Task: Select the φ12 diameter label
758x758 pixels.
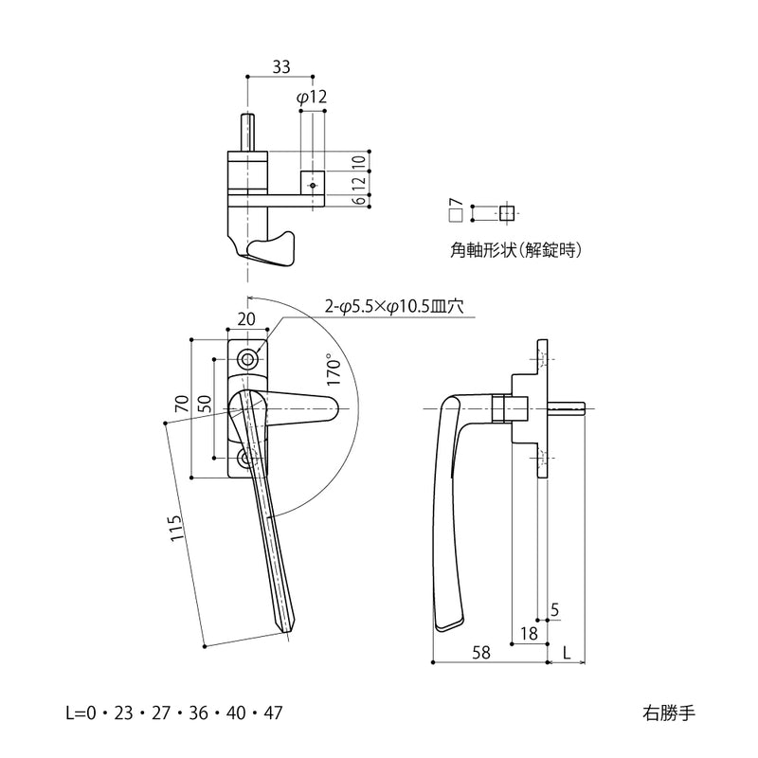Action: click(x=311, y=97)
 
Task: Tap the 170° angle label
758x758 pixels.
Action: click(x=332, y=369)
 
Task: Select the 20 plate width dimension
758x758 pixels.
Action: click(x=247, y=320)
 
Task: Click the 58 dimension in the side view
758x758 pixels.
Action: click(x=480, y=653)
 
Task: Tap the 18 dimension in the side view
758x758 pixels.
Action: click(x=529, y=632)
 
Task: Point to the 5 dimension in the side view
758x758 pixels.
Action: click(x=553, y=609)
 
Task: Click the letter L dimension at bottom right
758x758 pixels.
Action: click(x=566, y=653)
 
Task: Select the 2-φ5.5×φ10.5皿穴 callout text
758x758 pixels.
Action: click(x=395, y=306)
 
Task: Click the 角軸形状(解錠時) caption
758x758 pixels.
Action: click(x=515, y=251)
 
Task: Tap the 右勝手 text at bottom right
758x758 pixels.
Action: click(x=668, y=712)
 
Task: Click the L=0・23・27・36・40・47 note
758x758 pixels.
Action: click(x=173, y=712)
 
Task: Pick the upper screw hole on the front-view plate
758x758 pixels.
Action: click(x=249, y=359)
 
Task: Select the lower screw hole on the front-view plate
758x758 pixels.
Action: click(x=248, y=460)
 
